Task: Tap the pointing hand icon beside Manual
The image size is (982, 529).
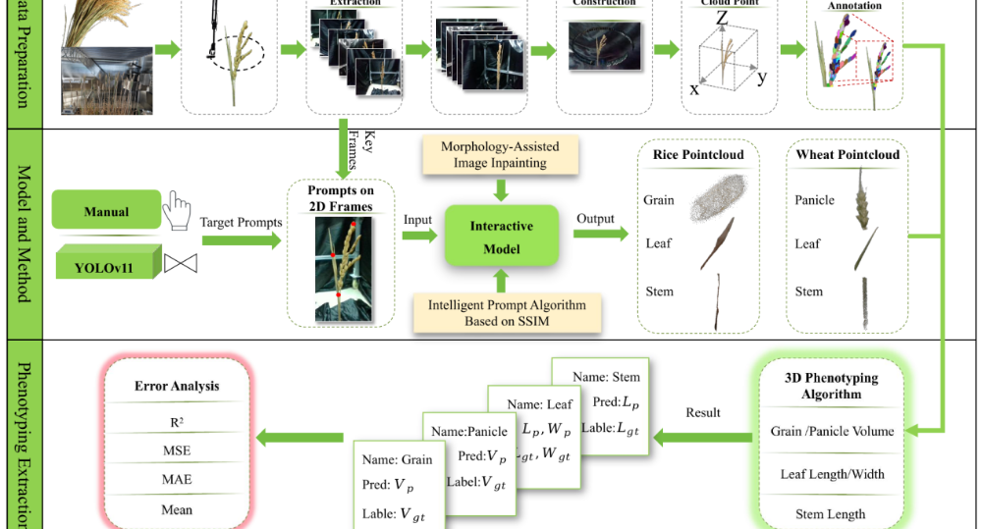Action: click(x=177, y=208)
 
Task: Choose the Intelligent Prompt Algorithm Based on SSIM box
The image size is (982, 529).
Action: click(x=508, y=312)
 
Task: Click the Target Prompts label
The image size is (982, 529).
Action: click(x=242, y=222)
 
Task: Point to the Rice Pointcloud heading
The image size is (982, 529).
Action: click(x=698, y=154)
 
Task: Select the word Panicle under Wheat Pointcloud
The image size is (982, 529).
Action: click(x=814, y=200)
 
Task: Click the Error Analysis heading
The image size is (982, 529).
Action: click(x=177, y=386)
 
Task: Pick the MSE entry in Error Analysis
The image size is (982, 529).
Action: click(x=177, y=450)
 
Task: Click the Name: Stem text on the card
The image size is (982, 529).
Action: click(x=606, y=377)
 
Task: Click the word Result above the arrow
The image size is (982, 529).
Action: click(x=703, y=412)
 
